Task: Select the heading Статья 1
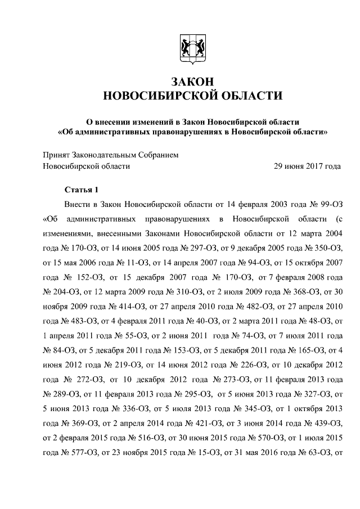[x=81, y=189]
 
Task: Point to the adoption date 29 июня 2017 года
[x=307, y=166]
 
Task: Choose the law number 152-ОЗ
[x=93, y=277]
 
